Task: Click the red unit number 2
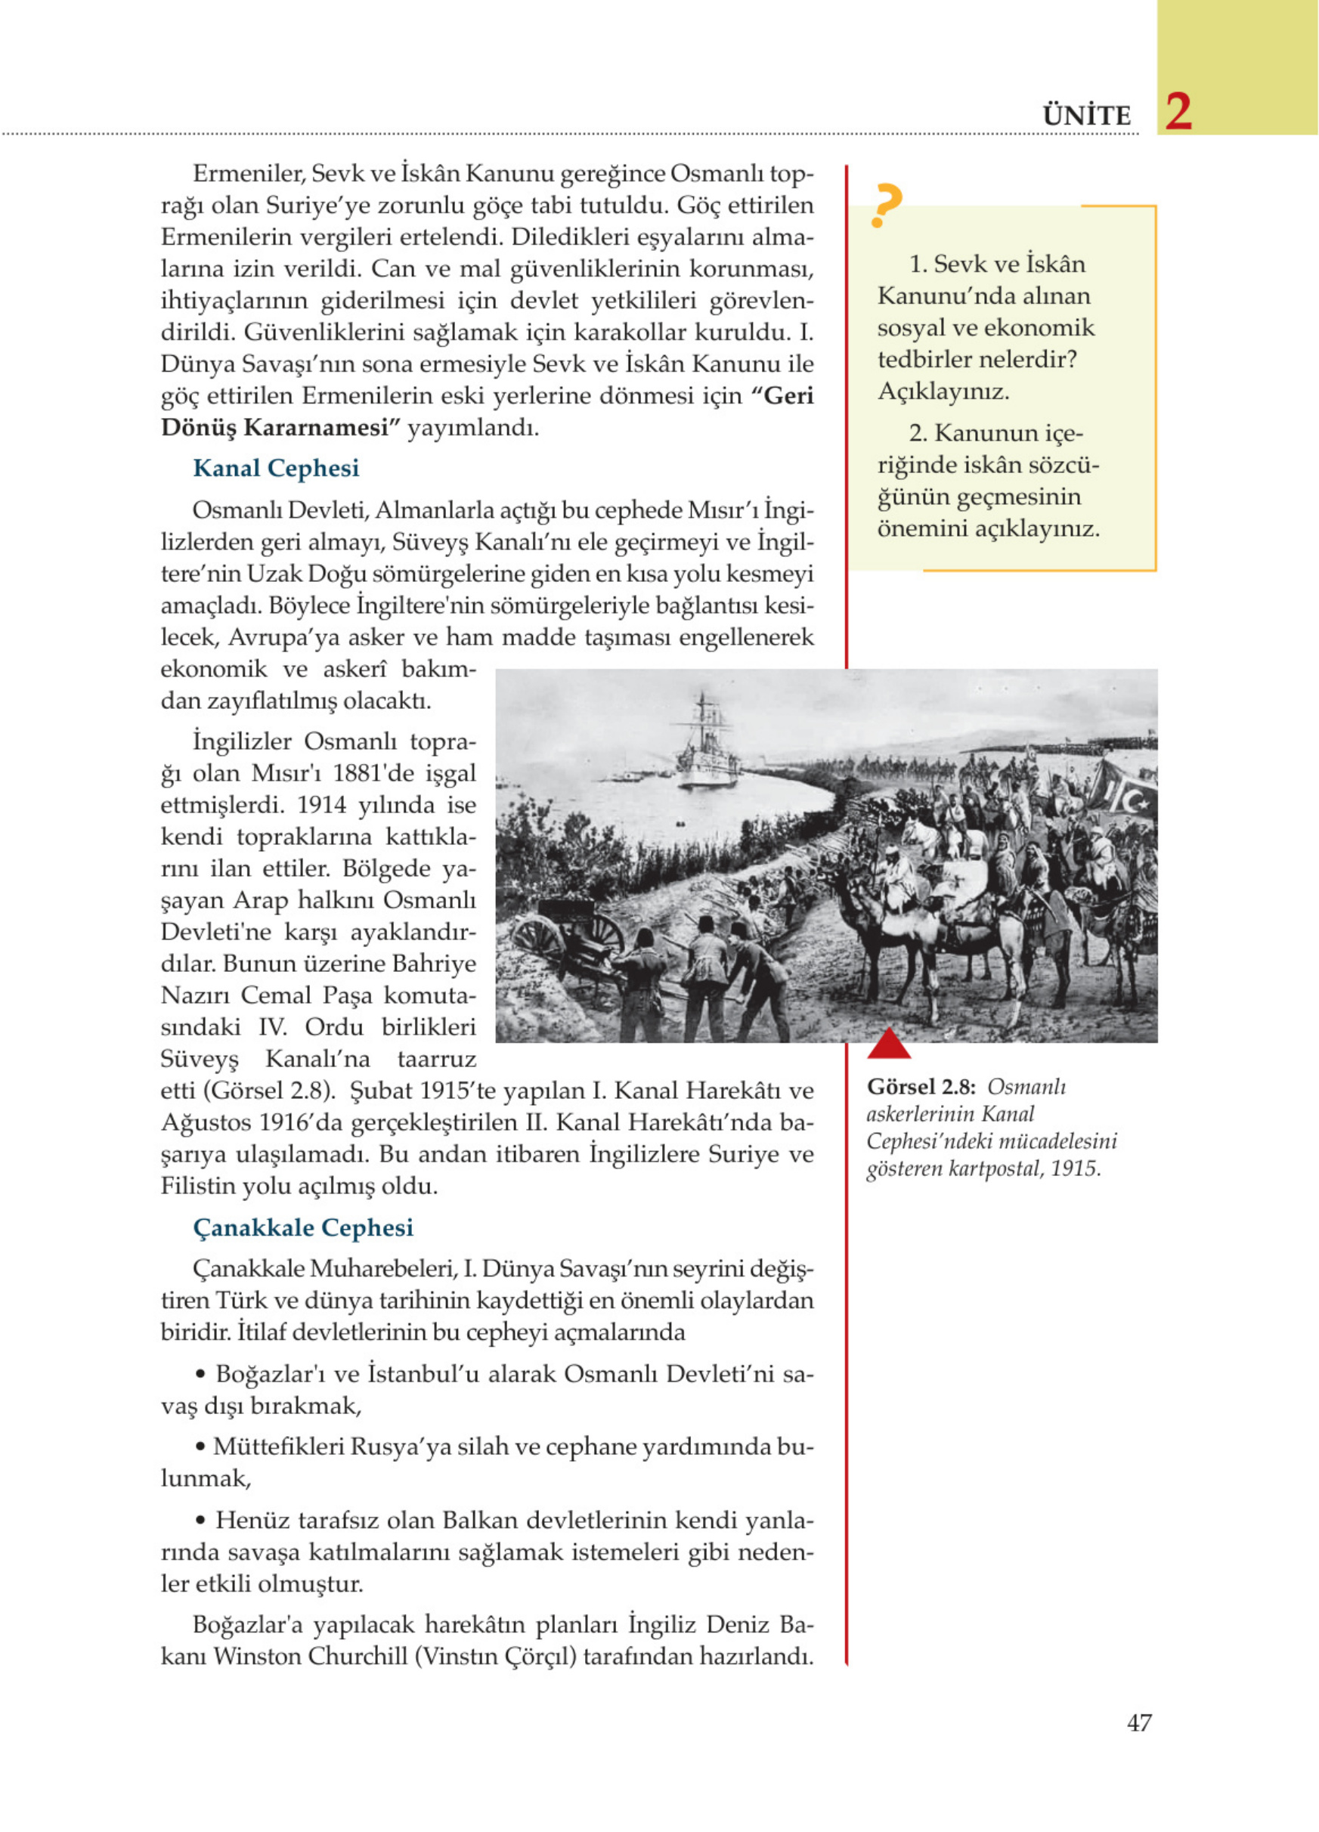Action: click(x=1178, y=113)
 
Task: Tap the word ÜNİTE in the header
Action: click(x=1086, y=116)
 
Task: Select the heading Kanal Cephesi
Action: click(x=275, y=469)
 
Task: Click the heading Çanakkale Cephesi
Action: click(x=303, y=1228)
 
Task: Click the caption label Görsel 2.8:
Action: click(x=921, y=1088)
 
